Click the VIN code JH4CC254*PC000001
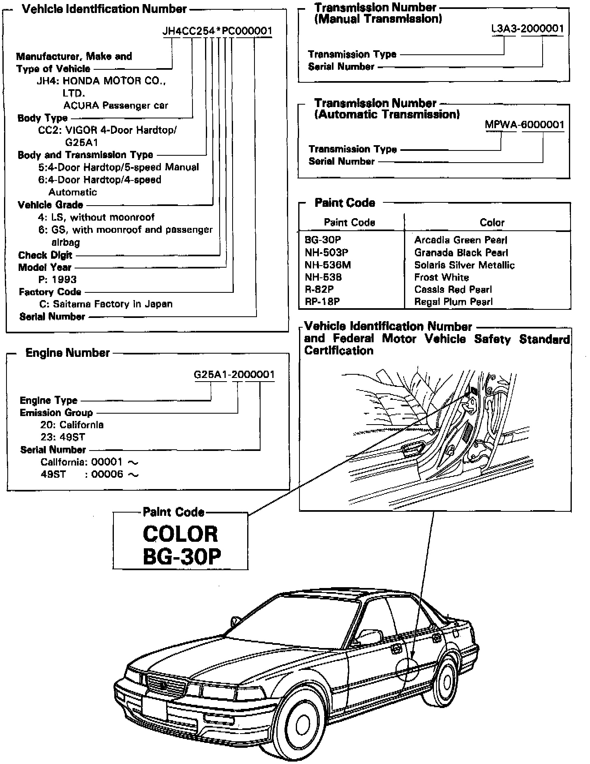pyautogui.click(x=217, y=31)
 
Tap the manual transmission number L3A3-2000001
pyautogui.click(x=527, y=29)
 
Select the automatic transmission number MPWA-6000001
pyautogui.click(x=524, y=124)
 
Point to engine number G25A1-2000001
pyautogui.click(x=234, y=374)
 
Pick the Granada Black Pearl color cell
pyautogui.click(x=461, y=253)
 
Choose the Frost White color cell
pyautogui.click(x=441, y=277)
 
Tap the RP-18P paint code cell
pyautogui.click(x=322, y=302)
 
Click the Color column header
pyautogui.click(x=492, y=222)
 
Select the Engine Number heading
pyautogui.click(x=68, y=353)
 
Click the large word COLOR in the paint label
pyautogui.click(x=180, y=534)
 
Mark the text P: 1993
pyautogui.click(x=57, y=279)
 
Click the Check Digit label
pyautogui.click(x=45, y=255)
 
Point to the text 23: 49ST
pyautogui.click(x=62, y=437)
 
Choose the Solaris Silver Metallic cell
pyautogui.click(x=464, y=265)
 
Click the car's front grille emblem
pyautogui.click(x=165, y=686)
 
